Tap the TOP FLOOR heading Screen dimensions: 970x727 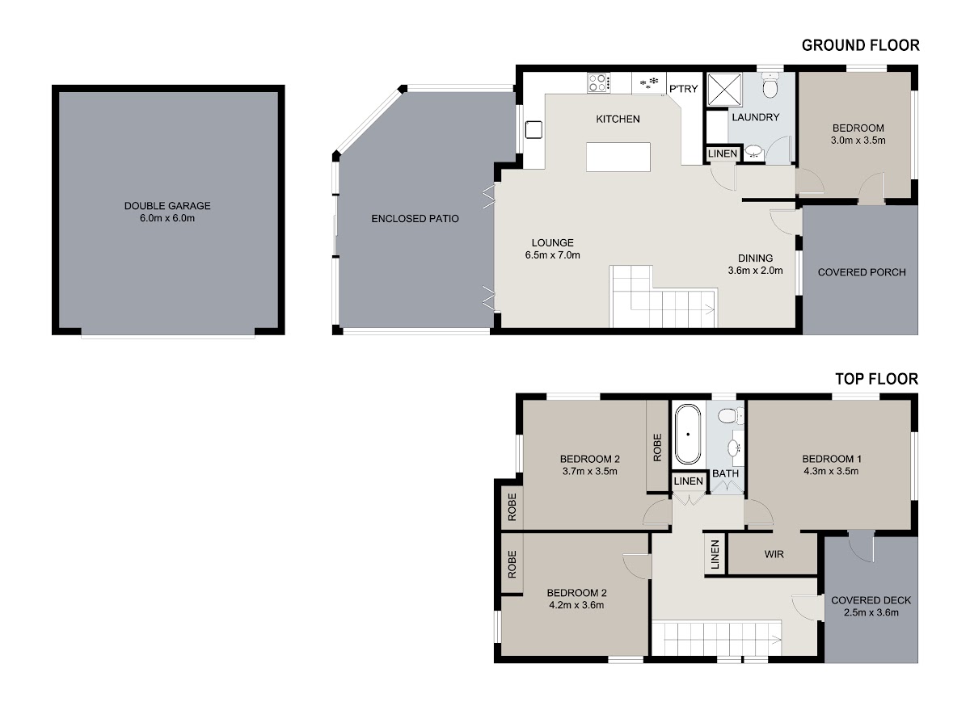coord(876,379)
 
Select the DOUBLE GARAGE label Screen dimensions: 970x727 coord(167,206)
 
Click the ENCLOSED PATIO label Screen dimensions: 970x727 coord(415,218)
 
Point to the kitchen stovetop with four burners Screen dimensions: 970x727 coord(599,82)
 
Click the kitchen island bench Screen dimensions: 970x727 coord(618,157)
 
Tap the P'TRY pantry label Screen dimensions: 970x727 coord(683,89)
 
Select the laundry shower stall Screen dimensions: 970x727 coord(725,90)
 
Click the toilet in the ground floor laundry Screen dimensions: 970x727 coord(770,85)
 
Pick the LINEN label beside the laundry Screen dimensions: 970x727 coord(723,153)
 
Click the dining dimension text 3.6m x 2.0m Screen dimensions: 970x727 coord(755,271)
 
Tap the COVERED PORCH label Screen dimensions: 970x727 coord(862,272)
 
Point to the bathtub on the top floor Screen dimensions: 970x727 coord(688,435)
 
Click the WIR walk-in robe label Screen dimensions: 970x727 coord(774,554)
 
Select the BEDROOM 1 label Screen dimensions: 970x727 coord(831,459)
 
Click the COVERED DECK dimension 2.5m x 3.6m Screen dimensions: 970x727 coord(871,612)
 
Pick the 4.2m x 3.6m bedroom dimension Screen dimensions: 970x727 coord(576,605)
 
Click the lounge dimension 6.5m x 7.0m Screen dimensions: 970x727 coord(552,255)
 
